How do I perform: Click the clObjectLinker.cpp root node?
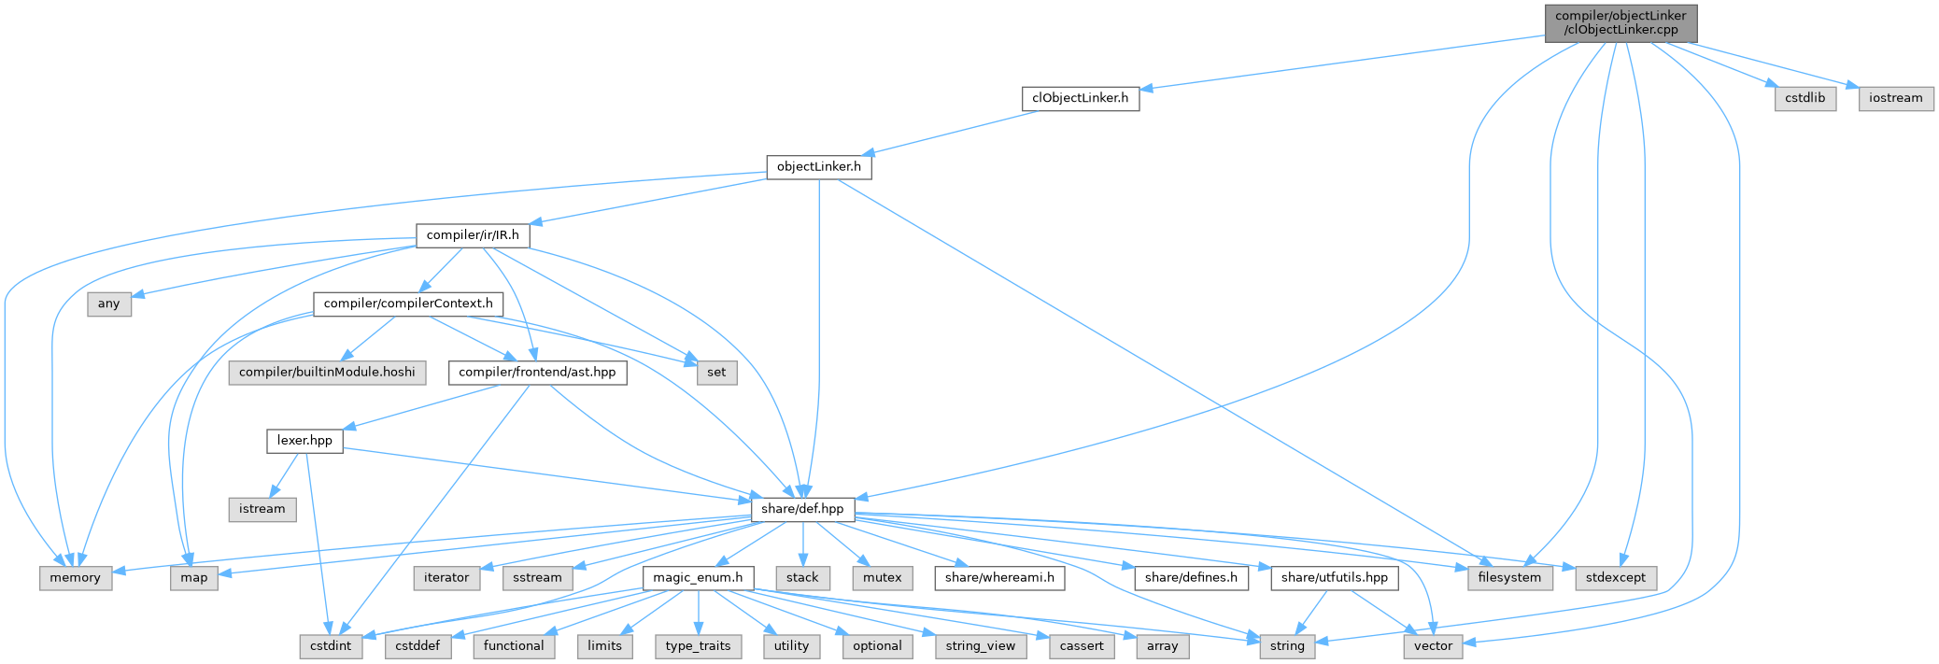point(1621,22)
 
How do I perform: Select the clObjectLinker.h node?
point(1081,98)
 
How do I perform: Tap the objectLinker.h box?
point(818,167)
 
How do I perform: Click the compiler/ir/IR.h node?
point(473,235)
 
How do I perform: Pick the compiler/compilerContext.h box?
point(408,304)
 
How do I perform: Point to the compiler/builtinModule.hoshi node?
point(327,372)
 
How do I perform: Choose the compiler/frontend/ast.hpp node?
point(537,372)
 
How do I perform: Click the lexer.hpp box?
point(304,441)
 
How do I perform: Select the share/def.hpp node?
point(802,509)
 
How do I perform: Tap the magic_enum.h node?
point(698,578)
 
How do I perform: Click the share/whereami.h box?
point(999,578)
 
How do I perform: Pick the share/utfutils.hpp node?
point(1334,578)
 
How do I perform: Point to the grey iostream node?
point(1895,98)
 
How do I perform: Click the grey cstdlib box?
point(1805,98)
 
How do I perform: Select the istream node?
point(262,509)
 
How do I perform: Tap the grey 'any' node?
point(109,304)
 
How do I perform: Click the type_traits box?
point(698,646)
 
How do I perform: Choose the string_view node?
point(980,646)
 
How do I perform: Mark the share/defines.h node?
point(1191,578)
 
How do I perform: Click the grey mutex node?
point(882,578)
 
